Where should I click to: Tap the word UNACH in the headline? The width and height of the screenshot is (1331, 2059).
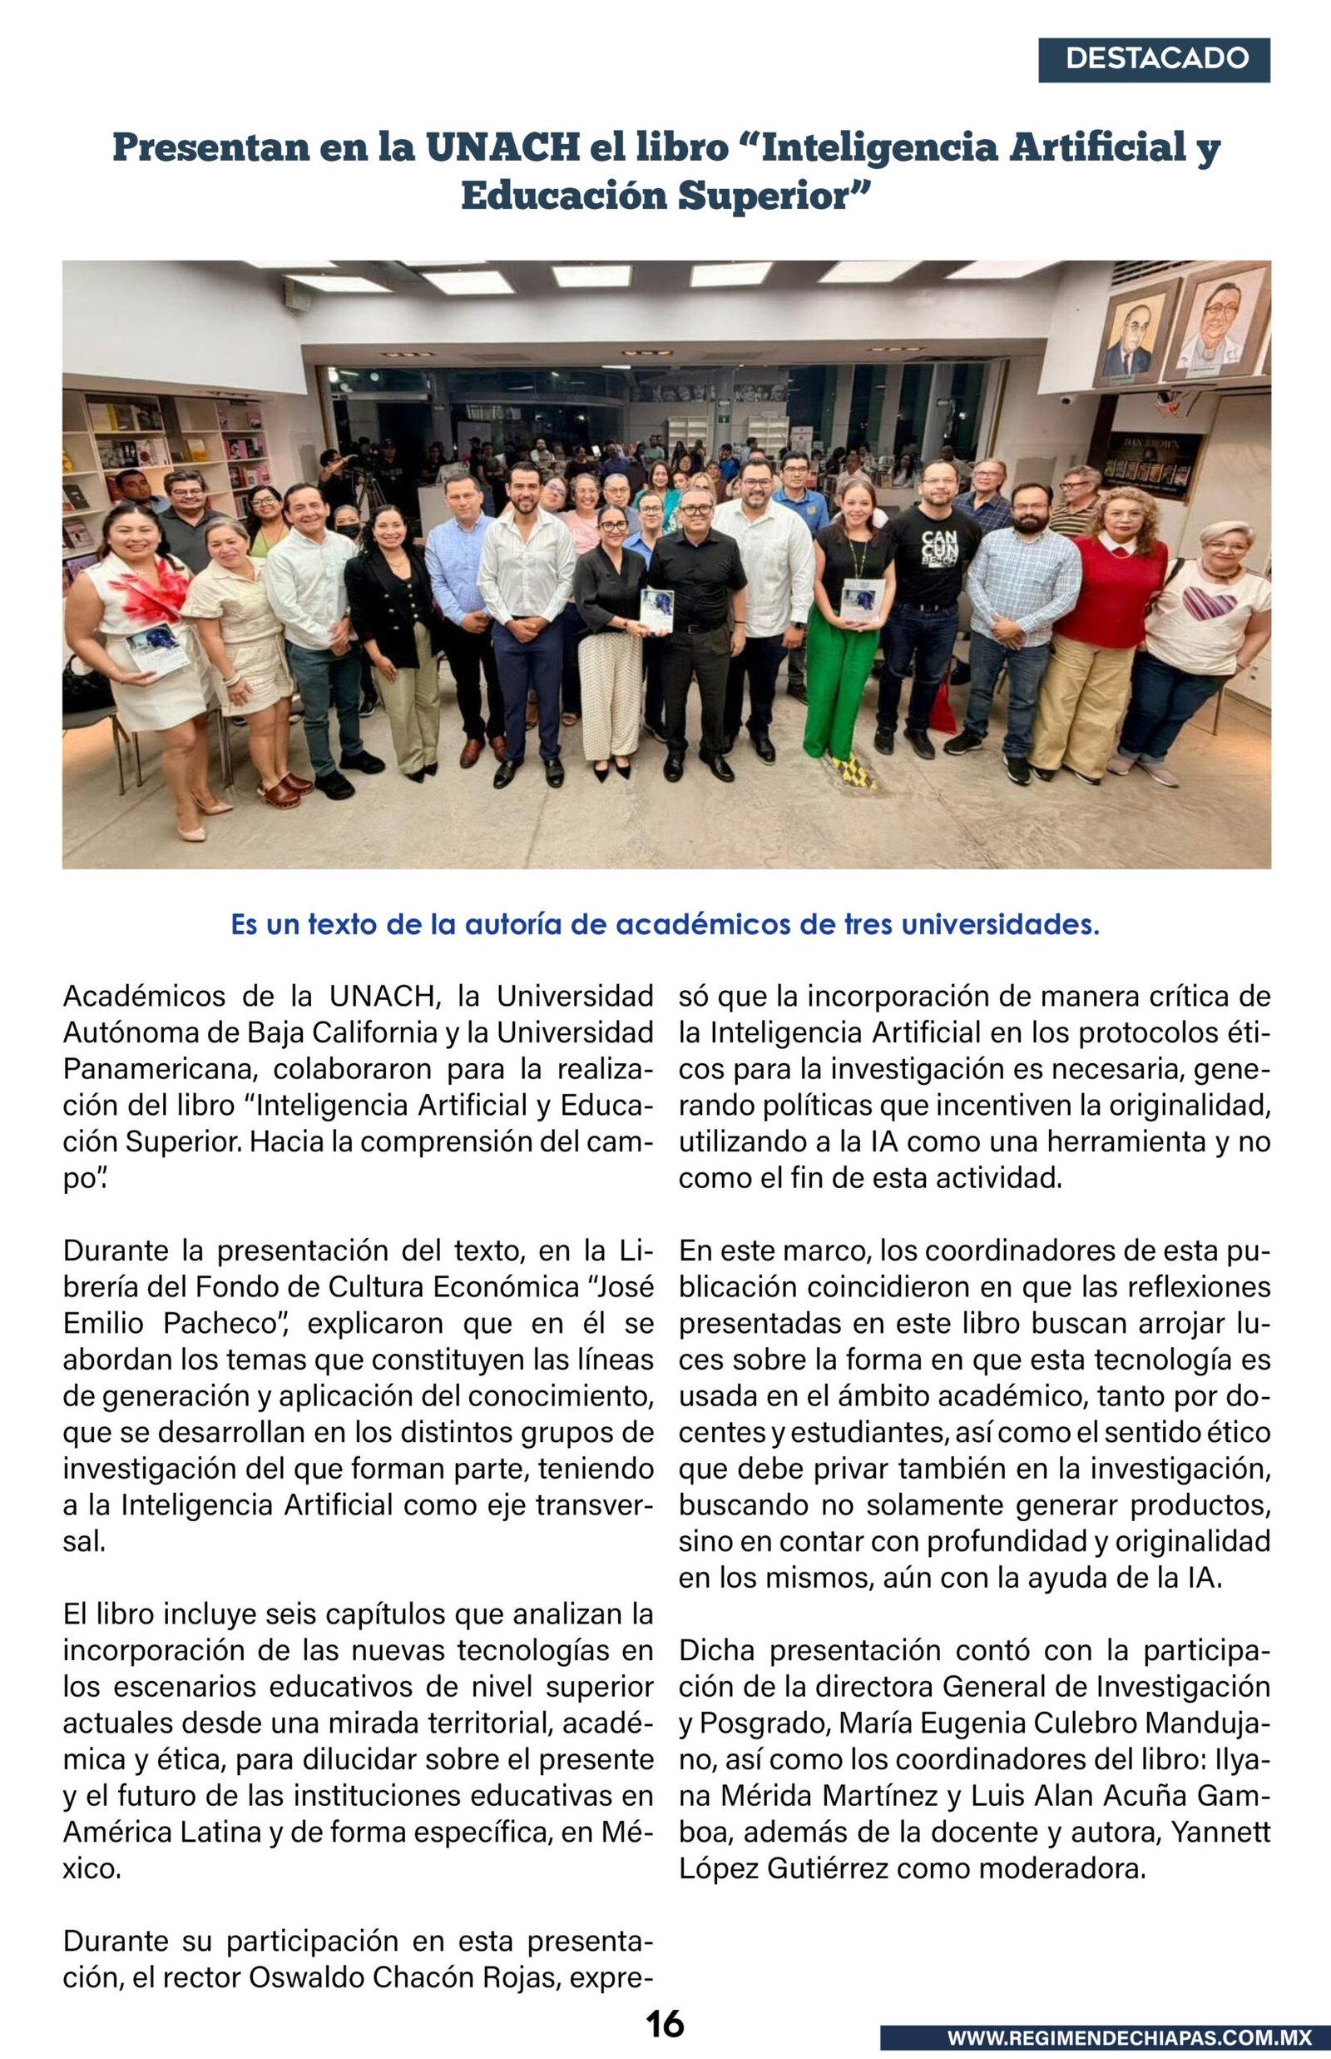point(502,148)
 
